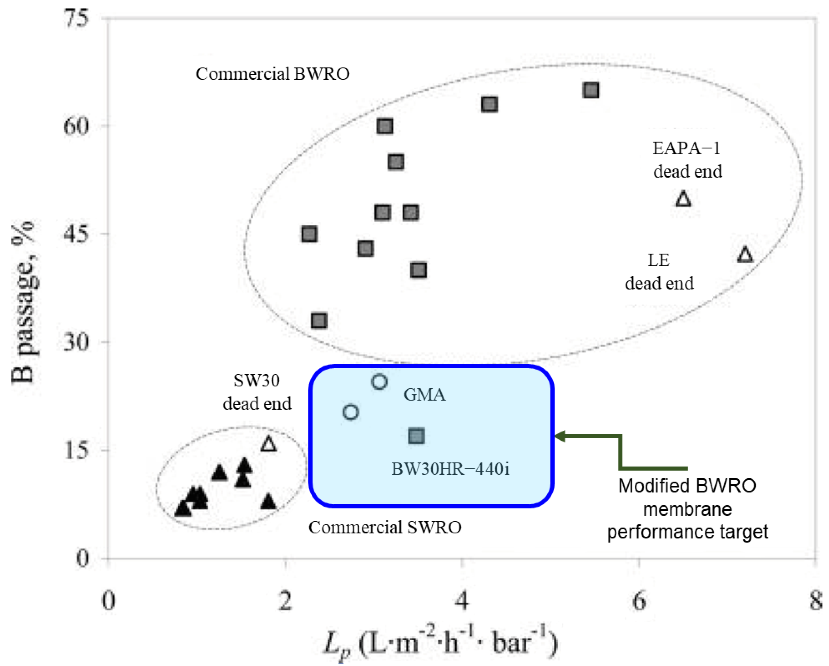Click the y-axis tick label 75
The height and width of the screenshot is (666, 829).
[77, 18]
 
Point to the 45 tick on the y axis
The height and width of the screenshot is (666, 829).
[77, 234]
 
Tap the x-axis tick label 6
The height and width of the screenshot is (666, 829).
[639, 600]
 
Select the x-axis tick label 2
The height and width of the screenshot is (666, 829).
[285, 600]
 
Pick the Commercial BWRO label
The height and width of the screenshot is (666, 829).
[273, 74]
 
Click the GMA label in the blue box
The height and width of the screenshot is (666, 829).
[424, 395]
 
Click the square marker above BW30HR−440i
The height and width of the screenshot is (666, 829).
[417, 436]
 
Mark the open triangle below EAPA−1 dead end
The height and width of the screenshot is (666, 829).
[683, 199]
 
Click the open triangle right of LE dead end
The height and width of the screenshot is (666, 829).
[745, 255]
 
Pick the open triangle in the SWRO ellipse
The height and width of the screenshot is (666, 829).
[269, 444]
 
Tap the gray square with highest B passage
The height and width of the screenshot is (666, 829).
[591, 90]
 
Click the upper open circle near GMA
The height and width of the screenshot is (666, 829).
[380, 381]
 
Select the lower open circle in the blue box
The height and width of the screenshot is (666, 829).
[351, 412]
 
